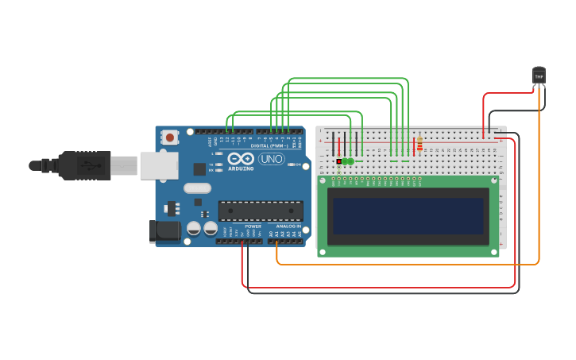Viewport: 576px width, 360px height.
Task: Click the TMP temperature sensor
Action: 539,75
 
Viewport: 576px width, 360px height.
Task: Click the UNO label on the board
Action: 272,159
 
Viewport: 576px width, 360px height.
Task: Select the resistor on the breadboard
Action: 419,145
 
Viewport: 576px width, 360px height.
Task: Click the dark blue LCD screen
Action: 408,216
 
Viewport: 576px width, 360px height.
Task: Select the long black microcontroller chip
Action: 261,211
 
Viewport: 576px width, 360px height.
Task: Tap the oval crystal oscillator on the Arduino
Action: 197,188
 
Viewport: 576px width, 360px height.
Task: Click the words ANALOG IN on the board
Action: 288,226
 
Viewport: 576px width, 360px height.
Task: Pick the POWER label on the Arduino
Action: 253,226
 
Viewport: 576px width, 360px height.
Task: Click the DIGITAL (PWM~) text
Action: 269,145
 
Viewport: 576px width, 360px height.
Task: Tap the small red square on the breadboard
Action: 339,161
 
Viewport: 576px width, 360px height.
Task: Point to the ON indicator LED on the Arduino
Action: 292,165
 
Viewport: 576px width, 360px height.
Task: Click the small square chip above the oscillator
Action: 199,168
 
